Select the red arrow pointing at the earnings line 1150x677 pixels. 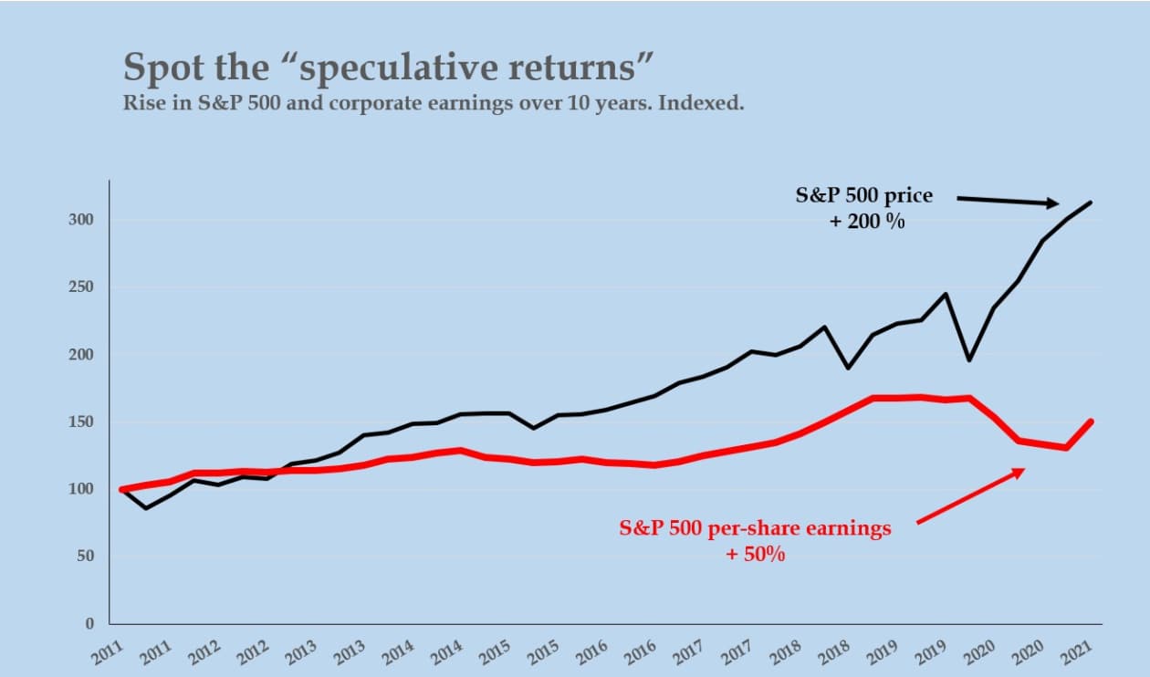970,496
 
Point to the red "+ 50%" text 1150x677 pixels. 755,554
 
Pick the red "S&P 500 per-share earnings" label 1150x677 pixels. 755,529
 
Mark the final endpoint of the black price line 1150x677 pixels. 1091,203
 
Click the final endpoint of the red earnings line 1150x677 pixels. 1091,422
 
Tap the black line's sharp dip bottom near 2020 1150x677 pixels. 969,360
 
